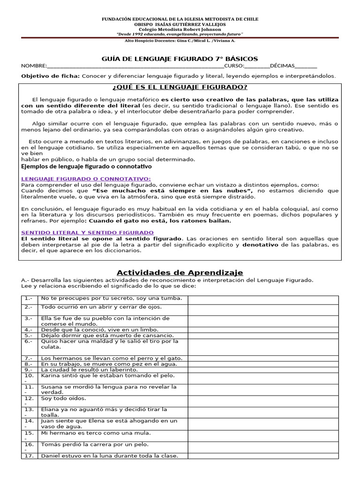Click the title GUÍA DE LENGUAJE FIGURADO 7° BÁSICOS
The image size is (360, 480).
point(180,59)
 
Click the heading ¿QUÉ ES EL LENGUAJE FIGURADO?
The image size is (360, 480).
point(180,87)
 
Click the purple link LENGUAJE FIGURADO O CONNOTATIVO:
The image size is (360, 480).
point(86,179)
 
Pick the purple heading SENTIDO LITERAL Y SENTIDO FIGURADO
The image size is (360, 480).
point(88,232)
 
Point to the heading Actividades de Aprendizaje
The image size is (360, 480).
point(180,273)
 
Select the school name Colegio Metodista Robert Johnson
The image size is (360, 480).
point(180,30)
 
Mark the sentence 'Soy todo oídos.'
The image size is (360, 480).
point(64,398)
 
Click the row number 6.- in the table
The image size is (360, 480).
point(29,342)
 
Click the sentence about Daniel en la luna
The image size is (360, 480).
point(109,456)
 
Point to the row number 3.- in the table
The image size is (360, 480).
point(29,318)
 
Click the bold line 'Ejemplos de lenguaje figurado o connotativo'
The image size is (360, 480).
point(87,166)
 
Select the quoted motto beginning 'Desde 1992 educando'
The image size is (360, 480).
point(180,35)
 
